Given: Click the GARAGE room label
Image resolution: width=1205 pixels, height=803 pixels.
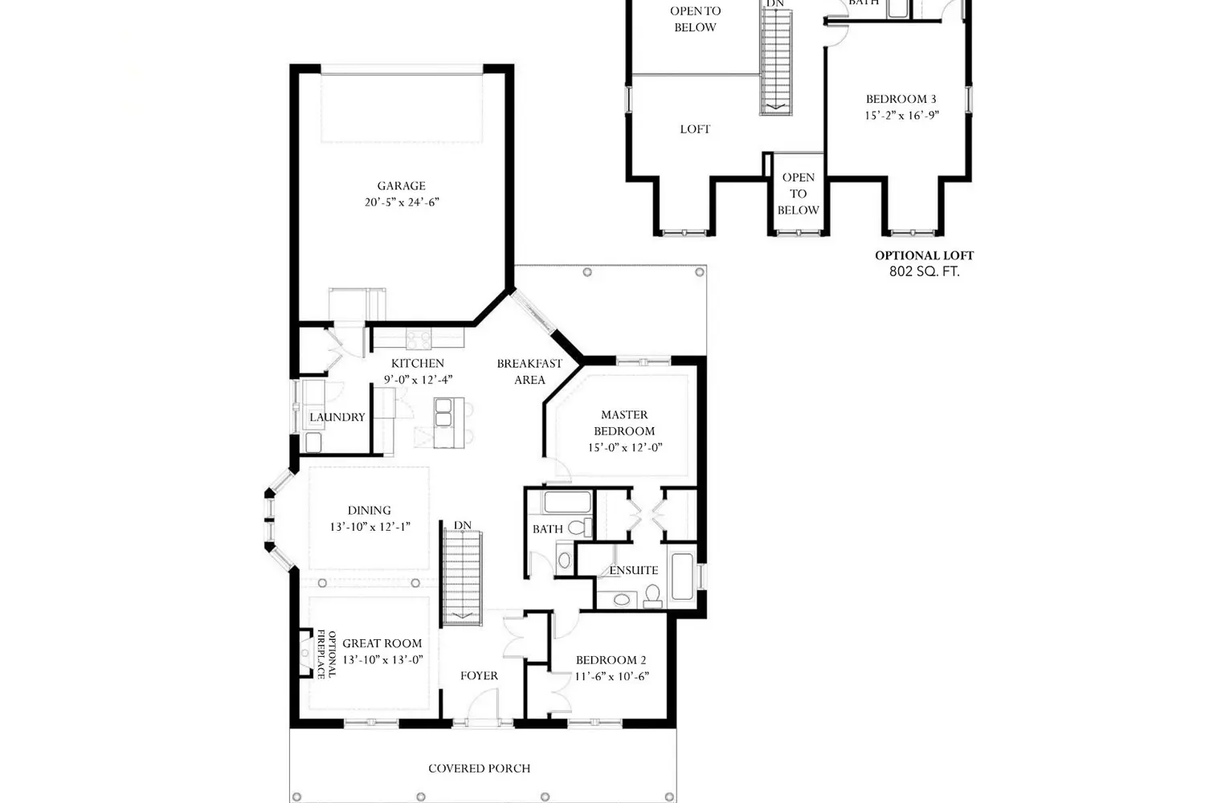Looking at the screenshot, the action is pyautogui.click(x=402, y=185).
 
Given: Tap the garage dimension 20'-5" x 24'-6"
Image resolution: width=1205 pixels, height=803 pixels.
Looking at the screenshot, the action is pyautogui.click(x=402, y=202).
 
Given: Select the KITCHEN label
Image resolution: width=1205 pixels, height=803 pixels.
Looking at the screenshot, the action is pyautogui.click(x=418, y=363).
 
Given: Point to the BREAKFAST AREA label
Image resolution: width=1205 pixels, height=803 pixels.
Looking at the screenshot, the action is pyautogui.click(x=529, y=372).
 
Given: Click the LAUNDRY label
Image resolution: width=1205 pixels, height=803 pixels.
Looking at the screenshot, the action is pyautogui.click(x=337, y=417).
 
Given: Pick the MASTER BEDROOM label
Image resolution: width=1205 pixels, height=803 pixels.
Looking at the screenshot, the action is pyautogui.click(x=624, y=422).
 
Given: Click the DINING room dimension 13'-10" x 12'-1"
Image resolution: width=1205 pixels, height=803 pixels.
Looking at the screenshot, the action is pyautogui.click(x=370, y=527).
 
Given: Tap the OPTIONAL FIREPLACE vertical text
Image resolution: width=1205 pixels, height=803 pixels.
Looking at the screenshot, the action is pyautogui.click(x=326, y=654).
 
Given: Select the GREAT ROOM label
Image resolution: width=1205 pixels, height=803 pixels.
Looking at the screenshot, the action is pyautogui.click(x=382, y=643).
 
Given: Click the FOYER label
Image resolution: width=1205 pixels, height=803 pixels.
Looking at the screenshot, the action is pyautogui.click(x=479, y=675).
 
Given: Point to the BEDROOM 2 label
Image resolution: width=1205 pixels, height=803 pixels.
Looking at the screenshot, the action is pyautogui.click(x=611, y=660).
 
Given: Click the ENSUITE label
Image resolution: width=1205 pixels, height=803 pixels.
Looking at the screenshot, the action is pyautogui.click(x=634, y=570).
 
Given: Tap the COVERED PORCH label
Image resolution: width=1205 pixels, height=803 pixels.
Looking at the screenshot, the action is pyautogui.click(x=480, y=768).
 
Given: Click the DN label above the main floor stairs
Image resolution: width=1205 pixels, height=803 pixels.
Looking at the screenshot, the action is pyautogui.click(x=462, y=525).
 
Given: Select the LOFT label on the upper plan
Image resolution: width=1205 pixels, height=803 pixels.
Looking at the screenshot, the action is pyautogui.click(x=695, y=129).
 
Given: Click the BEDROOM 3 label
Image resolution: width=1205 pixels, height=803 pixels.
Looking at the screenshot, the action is pyautogui.click(x=901, y=99).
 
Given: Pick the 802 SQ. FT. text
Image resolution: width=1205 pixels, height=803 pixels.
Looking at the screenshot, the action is pyautogui.click(x=924, y=271).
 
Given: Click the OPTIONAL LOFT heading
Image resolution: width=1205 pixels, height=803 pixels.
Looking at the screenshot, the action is pyautogui.click(x=924, y=255).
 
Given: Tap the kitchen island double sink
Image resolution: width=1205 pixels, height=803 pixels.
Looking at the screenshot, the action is pyautogui.click(x=443, y=412).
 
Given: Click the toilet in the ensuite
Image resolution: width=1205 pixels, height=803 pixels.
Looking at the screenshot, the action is pyautogui.click(x=652, y=597).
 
